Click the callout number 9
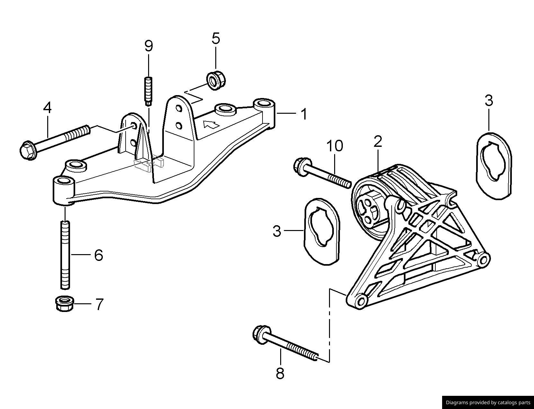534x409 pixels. tap(148, 46)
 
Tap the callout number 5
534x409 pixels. tap(216, 38)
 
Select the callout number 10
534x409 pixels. tap(334, 146)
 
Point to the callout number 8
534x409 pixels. tap(280, 373)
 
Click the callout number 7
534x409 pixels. tap(99, 304)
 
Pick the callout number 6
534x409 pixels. tap(98, 255)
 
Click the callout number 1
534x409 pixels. tap(303, 114)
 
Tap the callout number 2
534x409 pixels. tap(378, 141)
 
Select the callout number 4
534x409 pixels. tap(47, 108)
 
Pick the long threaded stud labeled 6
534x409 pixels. tap(65, 254)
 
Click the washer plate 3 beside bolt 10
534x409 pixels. tap(322, 231)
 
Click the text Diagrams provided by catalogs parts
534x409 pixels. tap(488, 402)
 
